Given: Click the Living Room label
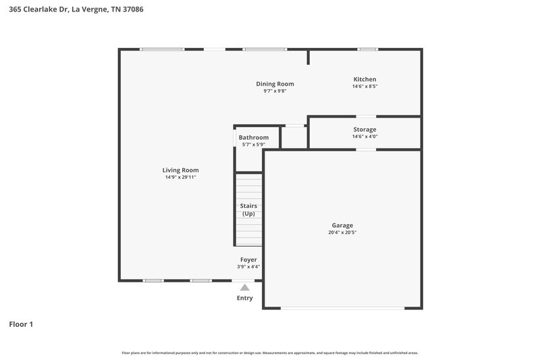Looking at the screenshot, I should click(180, 170).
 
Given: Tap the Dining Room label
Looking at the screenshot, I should click(275, 84).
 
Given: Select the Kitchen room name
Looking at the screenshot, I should click(364, 79).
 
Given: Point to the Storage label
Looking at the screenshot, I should click(364, 129).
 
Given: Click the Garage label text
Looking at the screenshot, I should click(342, 226).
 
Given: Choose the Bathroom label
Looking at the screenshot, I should click(253, 137).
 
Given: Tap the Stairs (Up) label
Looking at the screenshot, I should click(248, 209).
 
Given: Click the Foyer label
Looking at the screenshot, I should click(248, 259).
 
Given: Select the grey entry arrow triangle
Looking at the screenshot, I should click(245, 287).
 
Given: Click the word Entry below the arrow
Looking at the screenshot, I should click(245, 298).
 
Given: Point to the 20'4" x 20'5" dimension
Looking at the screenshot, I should click(342, 232).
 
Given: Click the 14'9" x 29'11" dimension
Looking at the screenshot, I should click(180, 177).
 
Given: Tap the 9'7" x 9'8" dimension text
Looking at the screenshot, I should click(275, 91).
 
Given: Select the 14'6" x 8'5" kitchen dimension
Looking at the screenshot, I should click(364, 86).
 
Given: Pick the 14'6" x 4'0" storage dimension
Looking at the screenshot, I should click(364, 136).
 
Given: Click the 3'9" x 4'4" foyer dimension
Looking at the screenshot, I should click(248, 266).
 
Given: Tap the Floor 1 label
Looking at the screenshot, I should click(21, 324).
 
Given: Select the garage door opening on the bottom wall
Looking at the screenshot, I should click(342, 308).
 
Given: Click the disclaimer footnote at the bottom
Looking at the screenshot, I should click(270, 353).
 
